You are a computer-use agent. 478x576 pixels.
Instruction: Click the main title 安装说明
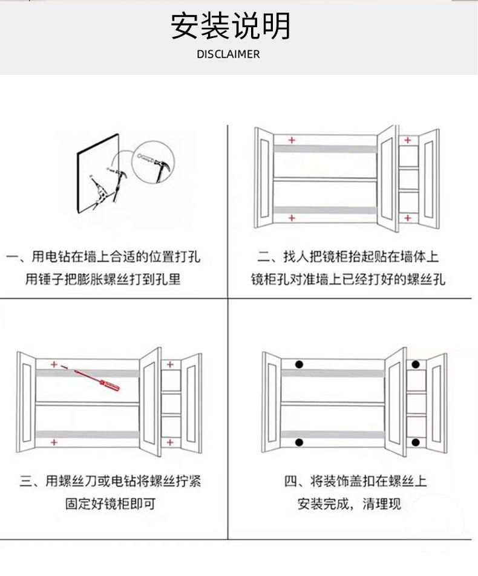[x=231, y=26]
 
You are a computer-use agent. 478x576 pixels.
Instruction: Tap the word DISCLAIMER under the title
[x=228, y=54]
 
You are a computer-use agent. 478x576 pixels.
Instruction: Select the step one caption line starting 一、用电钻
[x=103, y=257]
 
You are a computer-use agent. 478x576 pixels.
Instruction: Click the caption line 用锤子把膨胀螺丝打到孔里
[x=103, y=279]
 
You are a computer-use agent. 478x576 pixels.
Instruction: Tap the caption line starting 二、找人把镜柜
[x=348, y=257]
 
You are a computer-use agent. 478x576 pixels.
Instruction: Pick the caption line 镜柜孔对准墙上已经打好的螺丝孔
[x=348, y=279]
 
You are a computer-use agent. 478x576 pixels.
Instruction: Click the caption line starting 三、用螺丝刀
[x=111, y=481]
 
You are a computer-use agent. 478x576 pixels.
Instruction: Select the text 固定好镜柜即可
[x=111, y=503]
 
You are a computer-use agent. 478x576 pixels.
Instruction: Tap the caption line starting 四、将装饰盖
[x=356, y=481]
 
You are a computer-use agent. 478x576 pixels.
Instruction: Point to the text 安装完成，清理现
[x=349, y=503]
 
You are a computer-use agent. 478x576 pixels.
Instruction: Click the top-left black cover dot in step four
[x=298, y=364]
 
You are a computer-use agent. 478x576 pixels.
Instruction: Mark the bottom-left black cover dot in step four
[x=298, y=443]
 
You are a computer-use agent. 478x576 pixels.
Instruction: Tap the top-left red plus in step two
[x=292, y=140]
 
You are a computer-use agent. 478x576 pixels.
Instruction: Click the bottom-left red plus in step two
[x=292, y=218]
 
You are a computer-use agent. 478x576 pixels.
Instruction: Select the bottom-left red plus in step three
[x=54, y=442]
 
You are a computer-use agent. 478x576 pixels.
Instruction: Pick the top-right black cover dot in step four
[x=416, y=364]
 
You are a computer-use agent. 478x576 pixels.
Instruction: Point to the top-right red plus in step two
[x=408, y=140]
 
